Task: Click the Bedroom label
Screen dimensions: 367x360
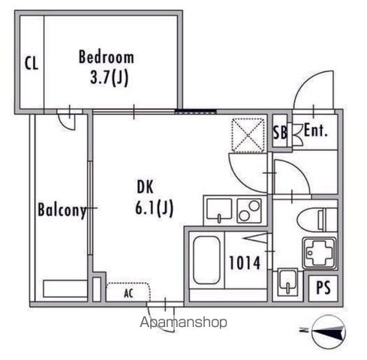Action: [107, 57]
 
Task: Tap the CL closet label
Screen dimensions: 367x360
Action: [32, 63]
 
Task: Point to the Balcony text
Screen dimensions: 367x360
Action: [62, 210]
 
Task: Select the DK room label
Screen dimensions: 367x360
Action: [145, 187]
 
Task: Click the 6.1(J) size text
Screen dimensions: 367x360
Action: [154, 208]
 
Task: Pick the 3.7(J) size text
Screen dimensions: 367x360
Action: [109, 78]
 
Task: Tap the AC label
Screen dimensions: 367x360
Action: [128, 293]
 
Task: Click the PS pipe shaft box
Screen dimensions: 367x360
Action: [323, 288]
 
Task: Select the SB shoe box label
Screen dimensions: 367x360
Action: [280, 132]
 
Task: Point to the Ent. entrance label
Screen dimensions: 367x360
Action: [315, 130]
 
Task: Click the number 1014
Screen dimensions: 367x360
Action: [245, 262]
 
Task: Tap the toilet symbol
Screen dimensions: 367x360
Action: [317, 220]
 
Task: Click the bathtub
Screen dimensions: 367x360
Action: [206, 260]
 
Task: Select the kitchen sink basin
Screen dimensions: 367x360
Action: [219, 209]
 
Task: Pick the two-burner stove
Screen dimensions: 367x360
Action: [249, 211]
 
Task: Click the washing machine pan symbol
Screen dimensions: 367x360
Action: [320, 253]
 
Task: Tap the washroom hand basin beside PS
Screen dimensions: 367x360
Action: [287, 282]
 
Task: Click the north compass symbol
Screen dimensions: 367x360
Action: [329, 331]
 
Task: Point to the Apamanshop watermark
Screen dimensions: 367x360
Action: [184, 322]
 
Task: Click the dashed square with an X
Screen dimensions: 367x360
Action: [248, 135]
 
